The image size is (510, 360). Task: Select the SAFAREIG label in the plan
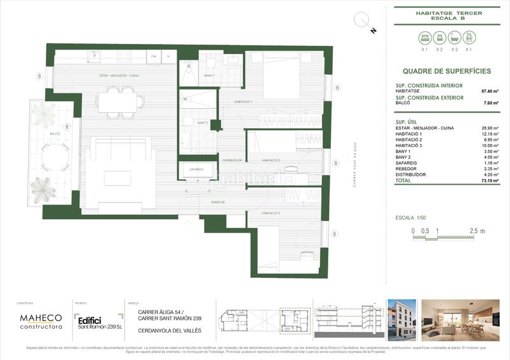[196, 169]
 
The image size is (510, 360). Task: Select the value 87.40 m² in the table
[489, 91]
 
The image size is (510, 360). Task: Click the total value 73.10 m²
[489, 180]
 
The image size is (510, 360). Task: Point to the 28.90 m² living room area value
[489, 127]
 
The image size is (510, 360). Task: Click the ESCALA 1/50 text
[414, 218]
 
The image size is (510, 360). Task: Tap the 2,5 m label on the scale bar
[477, 231]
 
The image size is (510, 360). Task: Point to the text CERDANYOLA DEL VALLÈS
[170, 331]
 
